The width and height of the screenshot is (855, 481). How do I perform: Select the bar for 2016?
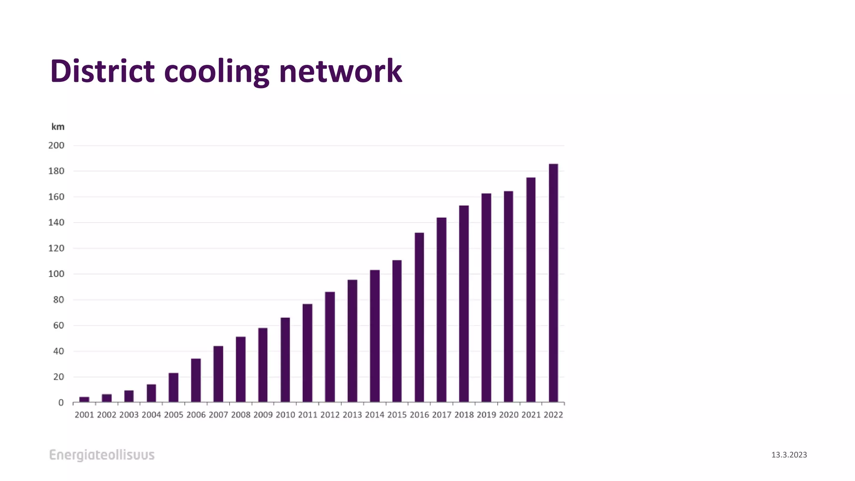tap(419, 317)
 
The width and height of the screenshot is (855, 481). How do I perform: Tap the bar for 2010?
tap(285, 360)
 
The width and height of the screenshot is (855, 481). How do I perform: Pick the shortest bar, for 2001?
tap(84, 400)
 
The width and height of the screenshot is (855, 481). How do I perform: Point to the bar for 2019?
tap(486, 298)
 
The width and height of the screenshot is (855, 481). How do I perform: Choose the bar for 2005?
tap(174, 387)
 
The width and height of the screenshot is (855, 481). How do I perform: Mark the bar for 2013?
tap(352, 341)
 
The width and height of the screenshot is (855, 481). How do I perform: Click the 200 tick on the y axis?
tap(56, 146)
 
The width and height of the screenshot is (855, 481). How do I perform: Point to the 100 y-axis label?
tap(56, 274)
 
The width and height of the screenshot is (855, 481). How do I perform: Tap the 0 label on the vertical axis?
tap(61, 403)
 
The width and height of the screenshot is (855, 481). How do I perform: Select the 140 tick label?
tap(56, 223)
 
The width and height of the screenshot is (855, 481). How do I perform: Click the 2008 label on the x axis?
tap(241, 415)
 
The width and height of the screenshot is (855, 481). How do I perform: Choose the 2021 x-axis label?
tap(531, 415)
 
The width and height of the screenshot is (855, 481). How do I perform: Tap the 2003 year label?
tap(129, 415)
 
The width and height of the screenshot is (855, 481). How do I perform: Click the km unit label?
tap(58, 127)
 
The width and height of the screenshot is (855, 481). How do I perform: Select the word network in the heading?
tap(340, 71)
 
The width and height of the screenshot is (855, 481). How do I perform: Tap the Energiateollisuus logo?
tap(102, 455)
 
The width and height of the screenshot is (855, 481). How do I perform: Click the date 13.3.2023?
tap(789, 455)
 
